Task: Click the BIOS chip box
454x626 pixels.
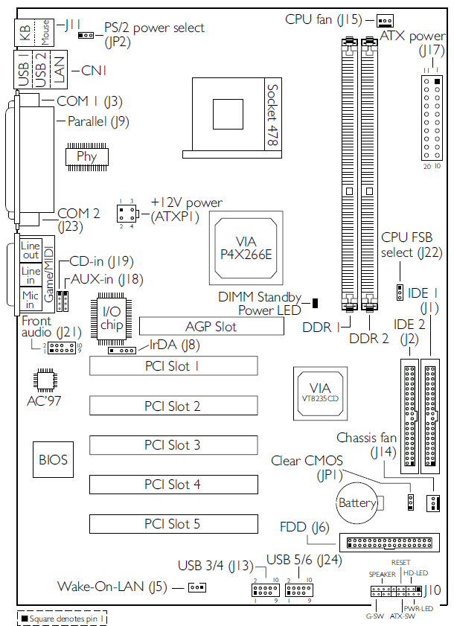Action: (x=53, y=460)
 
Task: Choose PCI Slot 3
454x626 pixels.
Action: (x=173, y=445)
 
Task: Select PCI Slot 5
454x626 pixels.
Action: (x=173, y=524)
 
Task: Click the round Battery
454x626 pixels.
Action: (x=357, y=504)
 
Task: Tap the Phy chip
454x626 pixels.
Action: (x=87, y=156)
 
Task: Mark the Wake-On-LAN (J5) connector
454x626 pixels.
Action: (x=196, y=587)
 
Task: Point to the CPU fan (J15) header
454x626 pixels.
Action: (x=384, y=20)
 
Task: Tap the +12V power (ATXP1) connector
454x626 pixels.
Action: (x=127, y=214)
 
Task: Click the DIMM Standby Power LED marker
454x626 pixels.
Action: (x=315, y=302)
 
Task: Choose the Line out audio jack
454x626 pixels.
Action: (x=31, y=250)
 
